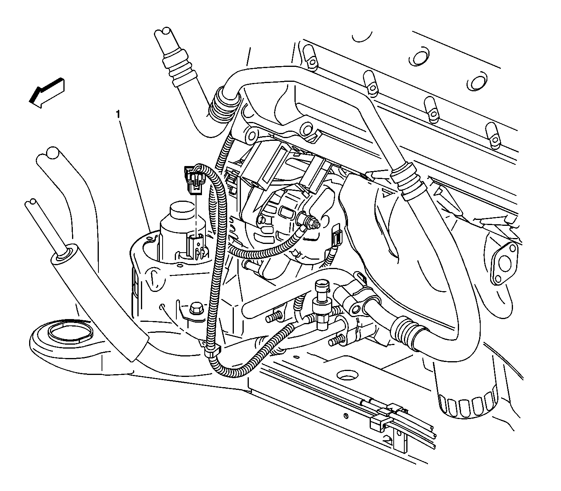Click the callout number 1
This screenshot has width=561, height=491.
tap(118, 114)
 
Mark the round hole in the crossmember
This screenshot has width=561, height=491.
tap(347, 375)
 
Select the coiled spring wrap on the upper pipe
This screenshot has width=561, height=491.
tap(222, 105)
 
